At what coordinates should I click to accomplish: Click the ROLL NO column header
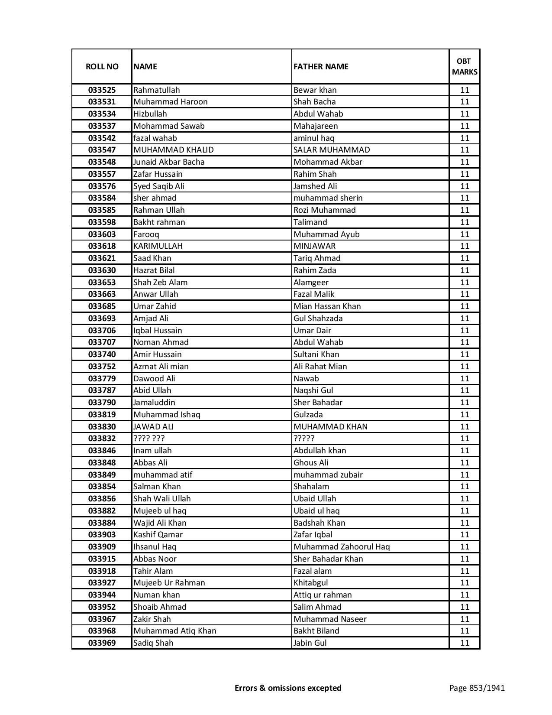pyautogui.click(x=102, y=66)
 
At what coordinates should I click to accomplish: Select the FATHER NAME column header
pyautogui.click(x=321, y=66)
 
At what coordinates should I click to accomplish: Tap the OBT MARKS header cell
pyautogui.click(x=465, y=66)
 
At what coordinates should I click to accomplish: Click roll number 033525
pyautogui.click(x=102, y=90)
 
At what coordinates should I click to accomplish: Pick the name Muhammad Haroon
pyautogui.click(x=171, y=102)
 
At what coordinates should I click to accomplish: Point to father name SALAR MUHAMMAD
pyautogui.click(x=332, y=150)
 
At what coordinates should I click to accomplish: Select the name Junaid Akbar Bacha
pyautogui.click(x=169, y=162)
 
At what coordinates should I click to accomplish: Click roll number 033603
pyautogui.click(x=102, y=234)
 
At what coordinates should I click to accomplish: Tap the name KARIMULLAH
pyautogui.click(x=158, y=246)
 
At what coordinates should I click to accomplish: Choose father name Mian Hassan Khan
pyautogui.click(x=327, y=306)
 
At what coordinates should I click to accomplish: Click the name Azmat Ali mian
pyautogui.click(x=161, y=367)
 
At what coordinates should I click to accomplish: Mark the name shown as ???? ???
pyautogui.click(x=149, y=439)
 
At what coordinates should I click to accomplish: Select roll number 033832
pyautogui.click(x=102, y=439)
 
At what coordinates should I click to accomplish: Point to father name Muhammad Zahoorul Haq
pyautogui.click(x=342, y=547)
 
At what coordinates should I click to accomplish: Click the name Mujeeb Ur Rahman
pyautogui.click(x=169, y=583)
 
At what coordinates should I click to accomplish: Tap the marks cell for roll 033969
pyautogui.click(x=465, y=643)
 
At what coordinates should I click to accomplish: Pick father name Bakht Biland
pyautogui.click(x=316, y=631)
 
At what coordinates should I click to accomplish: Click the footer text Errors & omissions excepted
pyautogui.click(x=288, y=688)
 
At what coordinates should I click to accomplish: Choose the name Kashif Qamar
pyautogui.click(x=158, y=535)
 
